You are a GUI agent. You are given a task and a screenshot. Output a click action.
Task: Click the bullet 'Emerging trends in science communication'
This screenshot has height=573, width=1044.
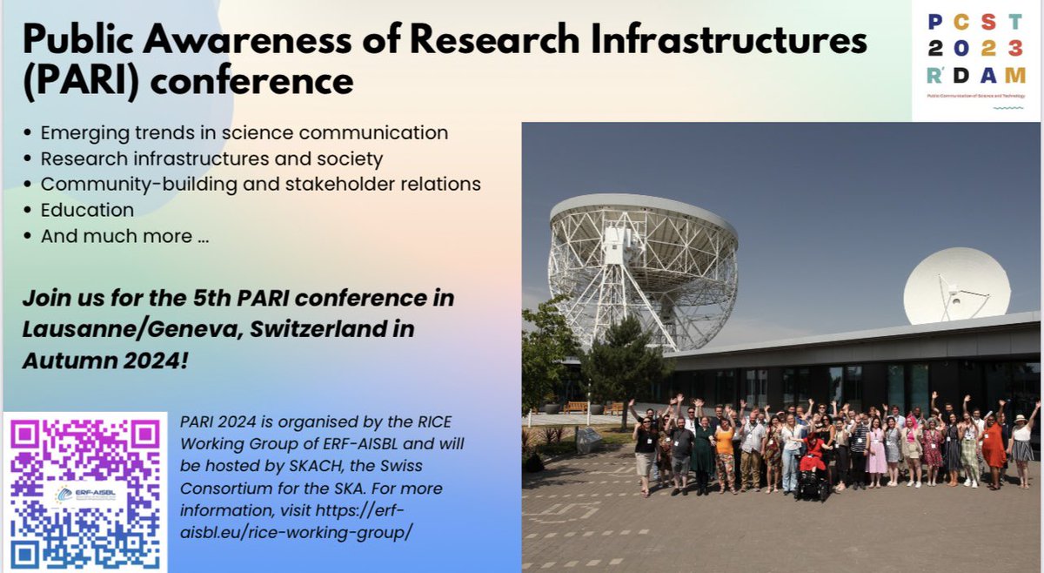point(244,133)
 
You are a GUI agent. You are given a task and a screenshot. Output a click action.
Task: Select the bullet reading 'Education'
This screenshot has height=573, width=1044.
point(87,210)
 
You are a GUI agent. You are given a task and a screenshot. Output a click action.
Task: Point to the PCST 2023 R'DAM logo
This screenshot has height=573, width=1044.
point(974,61)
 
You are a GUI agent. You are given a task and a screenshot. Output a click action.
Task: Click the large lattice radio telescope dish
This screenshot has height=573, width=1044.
point(643,261)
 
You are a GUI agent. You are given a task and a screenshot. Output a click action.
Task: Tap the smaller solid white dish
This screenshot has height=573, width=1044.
point(957,286)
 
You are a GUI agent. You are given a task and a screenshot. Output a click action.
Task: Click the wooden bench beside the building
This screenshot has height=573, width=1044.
point(575,407)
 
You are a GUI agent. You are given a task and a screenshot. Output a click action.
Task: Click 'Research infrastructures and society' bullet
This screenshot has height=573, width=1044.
point(211,159)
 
